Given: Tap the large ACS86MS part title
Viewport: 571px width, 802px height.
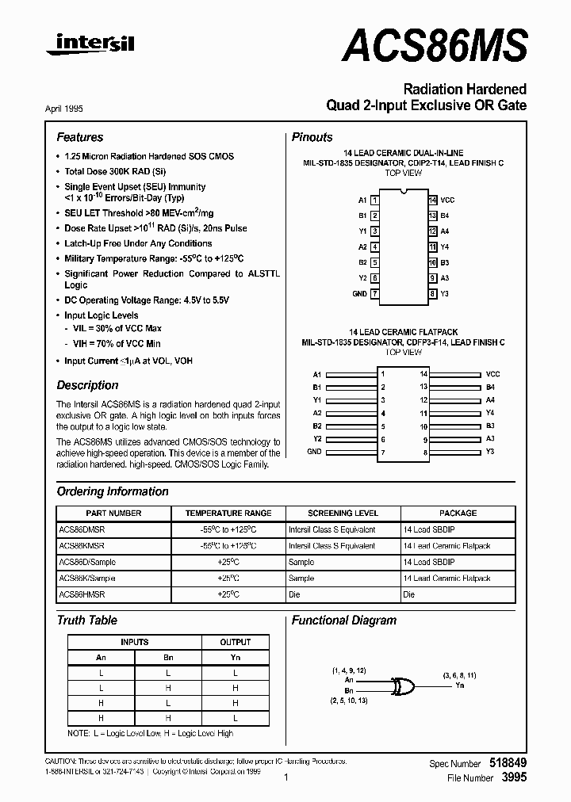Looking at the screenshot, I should (435, 45).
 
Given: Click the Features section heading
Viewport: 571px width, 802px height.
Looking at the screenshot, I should (79, 137).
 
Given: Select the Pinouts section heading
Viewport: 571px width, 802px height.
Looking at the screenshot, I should (312, 137).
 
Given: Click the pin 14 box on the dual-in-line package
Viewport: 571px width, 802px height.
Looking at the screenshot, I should (432, 200).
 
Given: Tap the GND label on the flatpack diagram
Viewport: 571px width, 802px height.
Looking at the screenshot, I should (314, 451).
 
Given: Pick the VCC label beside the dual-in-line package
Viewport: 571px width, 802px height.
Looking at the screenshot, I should (447, 200).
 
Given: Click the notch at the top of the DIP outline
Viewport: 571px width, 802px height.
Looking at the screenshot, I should (403, 192).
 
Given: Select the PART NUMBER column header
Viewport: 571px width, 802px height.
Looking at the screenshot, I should (113, 513).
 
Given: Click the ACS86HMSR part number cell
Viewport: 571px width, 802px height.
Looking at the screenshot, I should (81, 594).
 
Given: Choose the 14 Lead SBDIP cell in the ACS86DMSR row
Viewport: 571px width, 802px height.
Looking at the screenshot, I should (428, 529).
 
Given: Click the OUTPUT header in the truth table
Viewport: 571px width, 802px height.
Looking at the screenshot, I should (235, 642).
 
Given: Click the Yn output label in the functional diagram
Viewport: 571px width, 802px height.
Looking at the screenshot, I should (460, 686).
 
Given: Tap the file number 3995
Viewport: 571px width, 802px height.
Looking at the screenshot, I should (515, 778).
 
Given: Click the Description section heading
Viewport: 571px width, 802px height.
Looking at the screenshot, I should (87, 385).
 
